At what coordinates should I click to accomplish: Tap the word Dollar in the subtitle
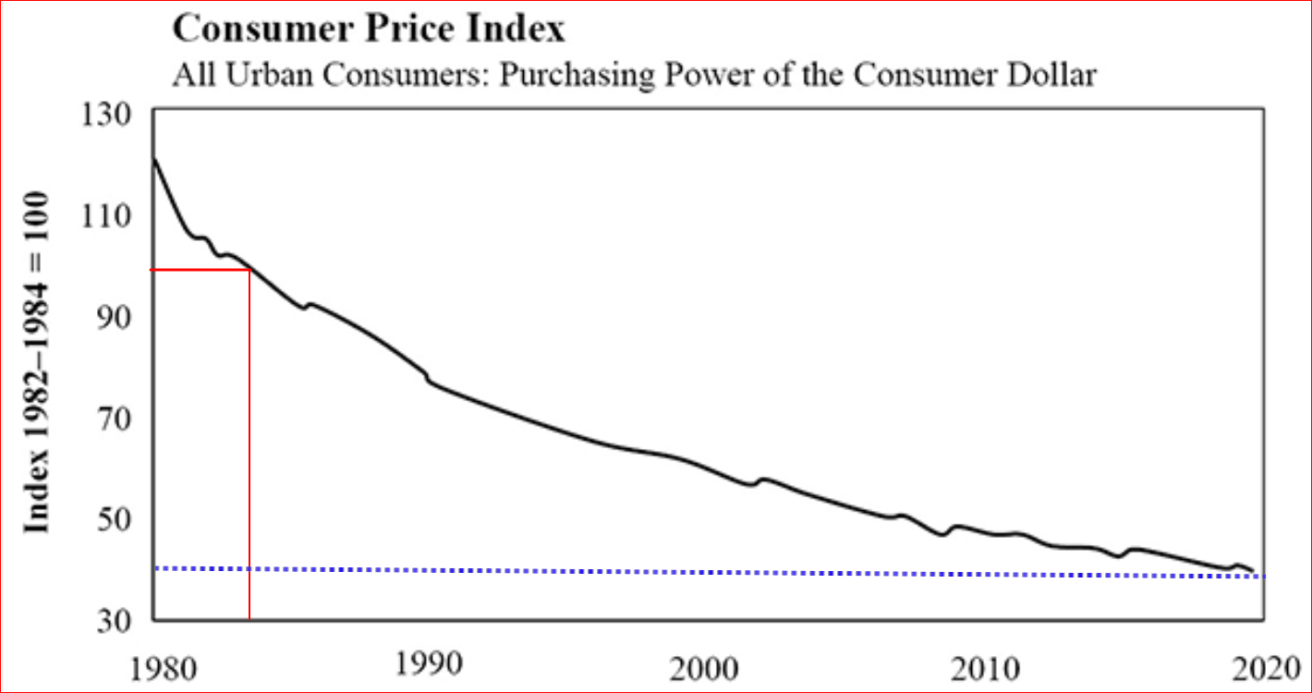click(1049, 74)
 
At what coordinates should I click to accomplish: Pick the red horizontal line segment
click(199, 270)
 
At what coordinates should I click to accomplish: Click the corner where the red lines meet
click(249, 270)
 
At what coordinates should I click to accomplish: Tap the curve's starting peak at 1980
click(153, 160)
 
